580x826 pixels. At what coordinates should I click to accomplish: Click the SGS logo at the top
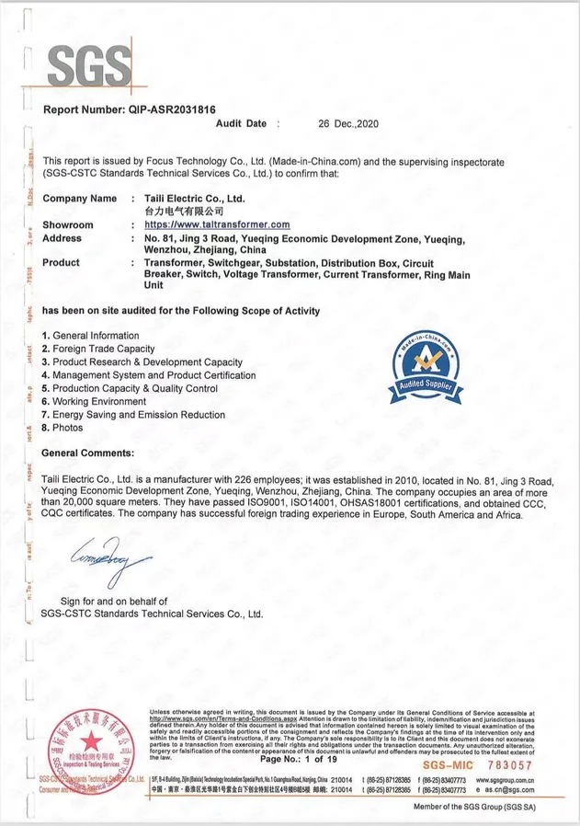88,66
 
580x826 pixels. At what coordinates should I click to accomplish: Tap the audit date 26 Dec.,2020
347,123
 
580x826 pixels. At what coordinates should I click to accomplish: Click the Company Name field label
80,199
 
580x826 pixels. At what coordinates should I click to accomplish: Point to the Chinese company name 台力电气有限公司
185,212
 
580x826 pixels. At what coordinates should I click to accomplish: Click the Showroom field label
68,224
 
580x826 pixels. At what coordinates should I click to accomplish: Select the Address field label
63,237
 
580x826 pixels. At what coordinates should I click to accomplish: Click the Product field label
62,262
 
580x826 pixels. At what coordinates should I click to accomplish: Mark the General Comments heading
88,453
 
